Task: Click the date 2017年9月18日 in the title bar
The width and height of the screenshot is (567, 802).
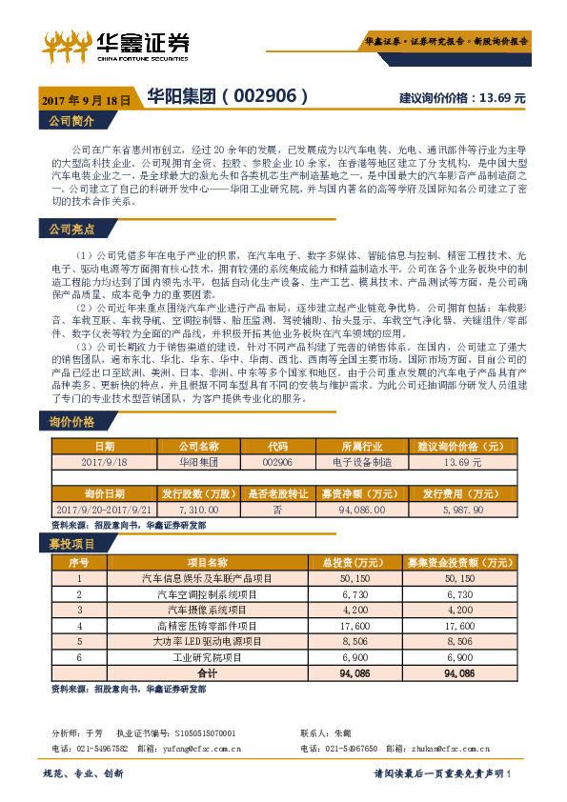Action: pos(86,98)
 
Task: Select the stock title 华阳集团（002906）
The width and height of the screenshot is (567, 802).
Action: pos(226,96)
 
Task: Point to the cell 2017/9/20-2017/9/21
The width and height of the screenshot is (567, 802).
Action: pos(104,511)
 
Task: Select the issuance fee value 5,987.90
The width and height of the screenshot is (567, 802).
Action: pos(463,511)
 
